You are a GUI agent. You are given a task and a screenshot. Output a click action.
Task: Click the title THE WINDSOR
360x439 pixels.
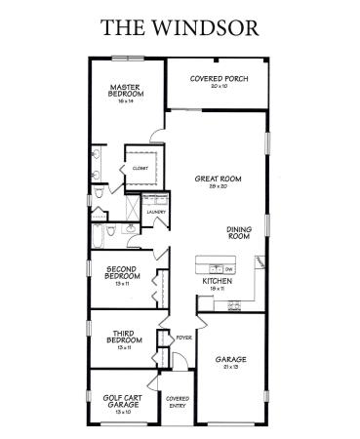coord(180,26)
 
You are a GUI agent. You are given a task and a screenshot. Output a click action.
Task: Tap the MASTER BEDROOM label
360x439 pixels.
coord(126,90)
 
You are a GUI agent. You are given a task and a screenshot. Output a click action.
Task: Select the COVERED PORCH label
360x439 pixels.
coord(217,76)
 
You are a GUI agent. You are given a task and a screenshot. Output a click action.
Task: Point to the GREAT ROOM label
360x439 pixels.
coord(218,179)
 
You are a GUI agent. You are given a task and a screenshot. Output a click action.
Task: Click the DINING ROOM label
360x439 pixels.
coord(240,232)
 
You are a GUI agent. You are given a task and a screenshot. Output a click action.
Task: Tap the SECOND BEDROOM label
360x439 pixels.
coord(123,274)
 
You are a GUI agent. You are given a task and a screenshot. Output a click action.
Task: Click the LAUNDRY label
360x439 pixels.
coord(155,212)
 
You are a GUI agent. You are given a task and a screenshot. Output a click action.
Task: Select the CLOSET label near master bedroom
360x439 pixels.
coord(140,169)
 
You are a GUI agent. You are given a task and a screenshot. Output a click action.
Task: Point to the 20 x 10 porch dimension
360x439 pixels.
coord(217,86)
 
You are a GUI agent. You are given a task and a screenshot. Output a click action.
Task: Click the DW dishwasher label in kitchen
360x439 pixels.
coord(228,268)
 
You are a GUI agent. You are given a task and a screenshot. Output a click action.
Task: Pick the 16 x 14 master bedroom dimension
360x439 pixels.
coord(126,101)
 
